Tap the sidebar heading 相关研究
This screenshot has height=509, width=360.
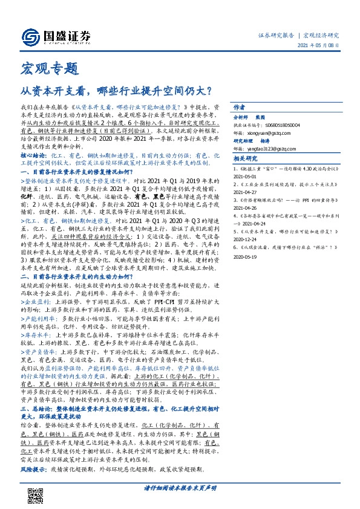(x=246, y=158)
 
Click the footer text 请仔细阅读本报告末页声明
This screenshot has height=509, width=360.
(x=180, y=487)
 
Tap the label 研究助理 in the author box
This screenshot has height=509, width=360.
(x=243, y=138)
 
